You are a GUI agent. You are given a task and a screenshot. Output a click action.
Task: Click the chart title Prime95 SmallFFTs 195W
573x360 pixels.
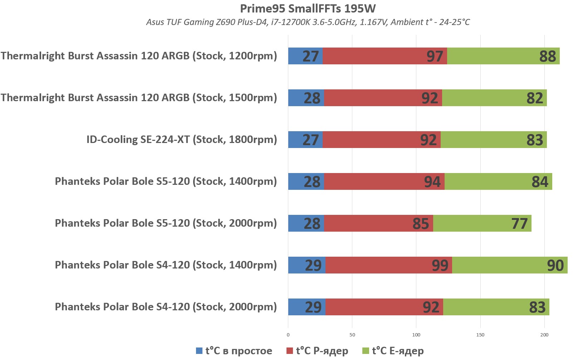point(308,9)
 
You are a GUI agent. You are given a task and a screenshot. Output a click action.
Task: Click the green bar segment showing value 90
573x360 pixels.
point(510,265)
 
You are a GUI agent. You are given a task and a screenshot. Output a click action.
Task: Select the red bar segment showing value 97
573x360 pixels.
point(385,56)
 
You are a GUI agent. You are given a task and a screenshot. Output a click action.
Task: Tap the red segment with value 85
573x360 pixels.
point(378,223)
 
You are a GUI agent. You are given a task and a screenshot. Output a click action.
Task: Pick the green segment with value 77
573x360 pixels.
point(482,223)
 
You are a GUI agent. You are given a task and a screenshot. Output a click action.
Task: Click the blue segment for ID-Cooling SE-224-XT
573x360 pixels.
point(305,140)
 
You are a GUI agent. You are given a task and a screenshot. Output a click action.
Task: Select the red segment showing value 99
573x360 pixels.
point(388,265)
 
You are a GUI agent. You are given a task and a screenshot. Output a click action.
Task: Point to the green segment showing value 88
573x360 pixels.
point(503,56)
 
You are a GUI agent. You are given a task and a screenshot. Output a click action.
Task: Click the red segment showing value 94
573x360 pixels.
point(384,182)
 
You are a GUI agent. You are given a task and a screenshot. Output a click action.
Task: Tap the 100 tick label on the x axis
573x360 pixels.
point(416,335)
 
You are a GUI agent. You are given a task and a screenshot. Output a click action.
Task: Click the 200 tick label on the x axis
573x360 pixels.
point(544,335)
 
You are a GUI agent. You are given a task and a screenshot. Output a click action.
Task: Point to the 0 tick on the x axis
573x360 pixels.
point(288,335)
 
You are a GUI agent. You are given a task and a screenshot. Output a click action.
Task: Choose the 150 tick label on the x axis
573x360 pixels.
point(480,335)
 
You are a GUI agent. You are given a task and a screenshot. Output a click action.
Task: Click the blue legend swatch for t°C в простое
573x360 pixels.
point(199,351)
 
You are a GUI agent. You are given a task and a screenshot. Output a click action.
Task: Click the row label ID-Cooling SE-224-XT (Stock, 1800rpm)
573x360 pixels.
point(182,139)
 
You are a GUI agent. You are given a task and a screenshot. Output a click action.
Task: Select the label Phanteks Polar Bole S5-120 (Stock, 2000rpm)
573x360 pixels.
point(166,223)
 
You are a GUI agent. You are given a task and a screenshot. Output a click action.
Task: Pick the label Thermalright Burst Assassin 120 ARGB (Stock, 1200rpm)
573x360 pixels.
point(139,56)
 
